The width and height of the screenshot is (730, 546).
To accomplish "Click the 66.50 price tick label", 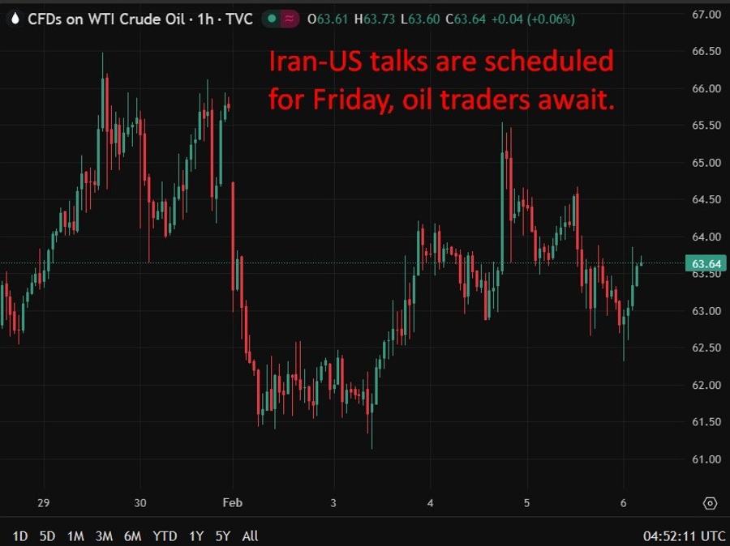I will pos(706,51).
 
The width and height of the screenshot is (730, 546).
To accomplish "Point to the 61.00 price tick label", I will pos(706,459).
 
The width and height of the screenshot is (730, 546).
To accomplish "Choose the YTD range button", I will pos(165,535).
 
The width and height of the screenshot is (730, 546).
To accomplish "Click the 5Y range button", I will pos(224,535).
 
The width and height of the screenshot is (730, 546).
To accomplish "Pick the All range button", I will pos(251,535).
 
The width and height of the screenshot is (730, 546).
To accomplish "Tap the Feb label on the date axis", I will pos(232,503).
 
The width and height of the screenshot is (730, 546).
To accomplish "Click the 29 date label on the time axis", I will pos(44,503).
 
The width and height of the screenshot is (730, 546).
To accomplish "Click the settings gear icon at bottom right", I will pos(711,503).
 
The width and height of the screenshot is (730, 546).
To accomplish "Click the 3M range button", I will pos(103,535).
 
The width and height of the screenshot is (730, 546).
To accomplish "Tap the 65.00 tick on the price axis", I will pos(706,163).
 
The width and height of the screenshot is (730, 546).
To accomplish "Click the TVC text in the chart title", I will pos(239,19).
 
